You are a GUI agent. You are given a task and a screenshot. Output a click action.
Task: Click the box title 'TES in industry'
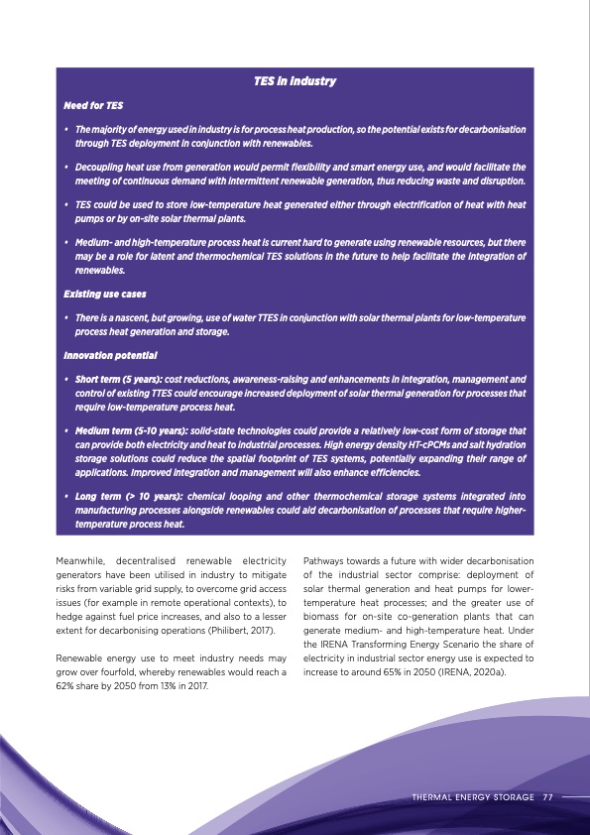tap(295, 80)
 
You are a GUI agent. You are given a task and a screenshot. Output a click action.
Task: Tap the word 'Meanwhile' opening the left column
tap(83, 563)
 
